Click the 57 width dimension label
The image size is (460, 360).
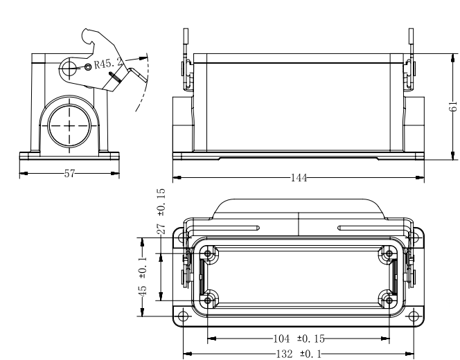pos(69,174)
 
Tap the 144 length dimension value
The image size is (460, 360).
pos(299,178)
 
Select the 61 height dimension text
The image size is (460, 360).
pos(453,106)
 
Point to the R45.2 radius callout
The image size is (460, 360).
pos(108,63)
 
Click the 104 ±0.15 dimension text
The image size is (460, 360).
pos(299,339)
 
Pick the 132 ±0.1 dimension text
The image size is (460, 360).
pos(299,354)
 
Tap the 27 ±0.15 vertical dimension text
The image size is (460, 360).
pos(161,211)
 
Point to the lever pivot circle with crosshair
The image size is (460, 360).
pos(69,69)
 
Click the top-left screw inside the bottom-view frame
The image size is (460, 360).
pos(208,253)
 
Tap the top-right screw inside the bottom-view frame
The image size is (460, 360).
pos(389,253)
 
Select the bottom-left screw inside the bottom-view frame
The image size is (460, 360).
pos(208,300)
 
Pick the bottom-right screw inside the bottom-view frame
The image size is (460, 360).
pos(389,300)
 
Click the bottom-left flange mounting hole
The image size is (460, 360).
pos(183,316)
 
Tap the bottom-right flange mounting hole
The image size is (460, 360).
pos(414,316)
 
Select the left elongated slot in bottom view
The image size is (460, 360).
pos(225,228)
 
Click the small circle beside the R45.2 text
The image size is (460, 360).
pos(88,67)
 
